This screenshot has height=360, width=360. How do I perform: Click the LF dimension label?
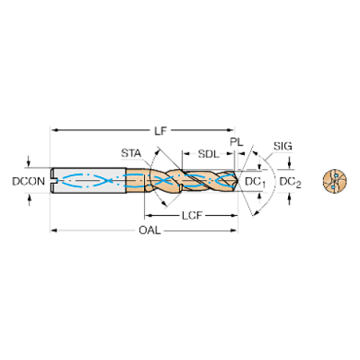click(x=160, y=131)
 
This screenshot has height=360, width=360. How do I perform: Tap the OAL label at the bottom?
click(x=150, y=231)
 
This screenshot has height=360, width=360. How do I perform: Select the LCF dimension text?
click(x=192, y=216)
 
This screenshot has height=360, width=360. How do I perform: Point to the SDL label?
click(x=209, y=154)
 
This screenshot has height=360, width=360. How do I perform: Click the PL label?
click(x=237, y=142)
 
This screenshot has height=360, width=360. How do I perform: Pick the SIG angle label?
click(x=283, y=146)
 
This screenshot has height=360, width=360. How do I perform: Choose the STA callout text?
click(x=132, y=154)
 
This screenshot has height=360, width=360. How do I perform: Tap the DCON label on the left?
click(x=29, y=181)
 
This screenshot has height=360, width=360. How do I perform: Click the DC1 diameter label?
click(x=255, y=182)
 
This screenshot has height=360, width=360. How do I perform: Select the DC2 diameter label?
click(x=290, y=182)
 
